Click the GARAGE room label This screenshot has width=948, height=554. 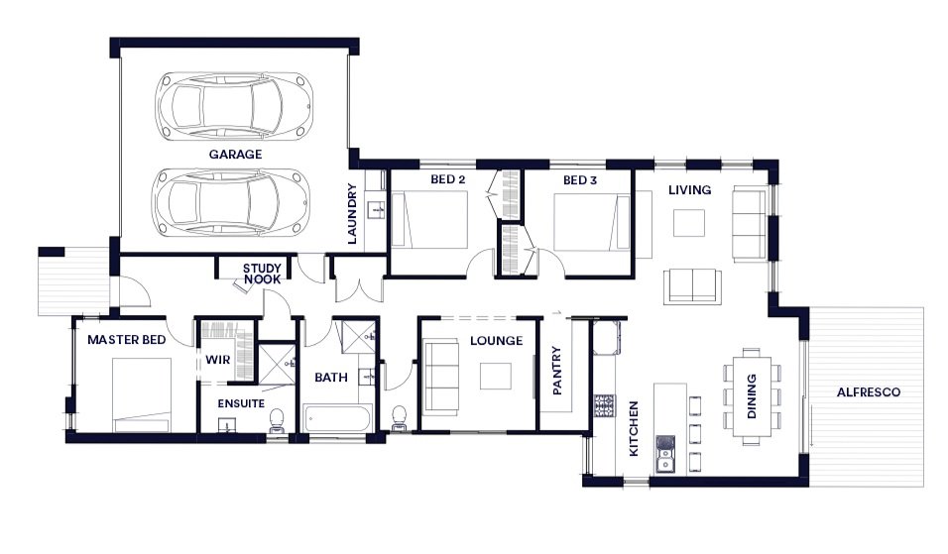coord(235,155)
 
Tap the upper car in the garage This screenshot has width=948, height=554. coord(234,104)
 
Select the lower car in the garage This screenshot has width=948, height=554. coord(233,202)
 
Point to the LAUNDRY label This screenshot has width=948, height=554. coord(352,214)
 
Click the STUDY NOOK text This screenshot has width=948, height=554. coord(262,274)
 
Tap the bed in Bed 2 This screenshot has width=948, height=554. coord(429,220)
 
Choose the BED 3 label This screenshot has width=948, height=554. coord(580,180)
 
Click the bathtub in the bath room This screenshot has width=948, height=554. coord(336,418)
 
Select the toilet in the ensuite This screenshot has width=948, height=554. coord(277,419)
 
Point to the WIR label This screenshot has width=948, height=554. coord(217,360)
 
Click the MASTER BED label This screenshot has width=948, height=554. coord(126,340)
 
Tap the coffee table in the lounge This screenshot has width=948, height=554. coord(496,376)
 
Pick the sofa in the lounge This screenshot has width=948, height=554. coord(441,376)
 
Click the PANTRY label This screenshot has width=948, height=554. coord(557,371)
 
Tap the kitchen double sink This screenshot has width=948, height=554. coord(665,453)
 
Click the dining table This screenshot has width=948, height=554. coord(752,395)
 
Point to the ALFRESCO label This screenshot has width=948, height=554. coord(869,392)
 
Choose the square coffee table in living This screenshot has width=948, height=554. coord(689,223)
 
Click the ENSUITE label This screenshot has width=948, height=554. coord(241,403)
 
